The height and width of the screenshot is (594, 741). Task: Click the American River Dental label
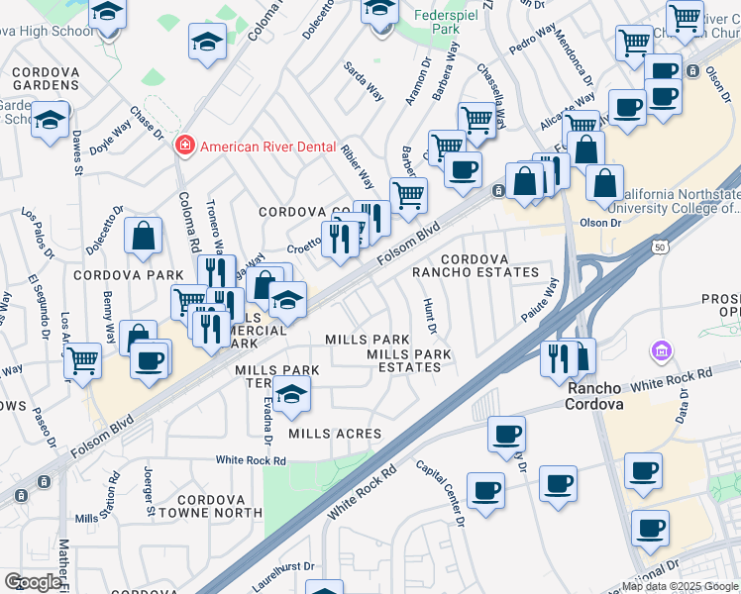tap(267, 147)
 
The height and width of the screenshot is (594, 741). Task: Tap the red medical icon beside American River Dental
tap(183, 147)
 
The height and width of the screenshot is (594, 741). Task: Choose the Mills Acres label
tap(335, 434)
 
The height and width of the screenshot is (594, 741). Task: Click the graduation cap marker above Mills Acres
tap(290, 394)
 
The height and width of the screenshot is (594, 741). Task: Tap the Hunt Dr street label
tap(430, 315)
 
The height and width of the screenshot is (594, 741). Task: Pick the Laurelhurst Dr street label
tap(283, 576)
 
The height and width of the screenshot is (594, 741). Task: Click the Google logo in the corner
tap(32, 581)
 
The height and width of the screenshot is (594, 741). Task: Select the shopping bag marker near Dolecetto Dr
tap(144, 236)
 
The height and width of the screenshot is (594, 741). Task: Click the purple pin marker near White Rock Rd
tap(661, 351)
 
